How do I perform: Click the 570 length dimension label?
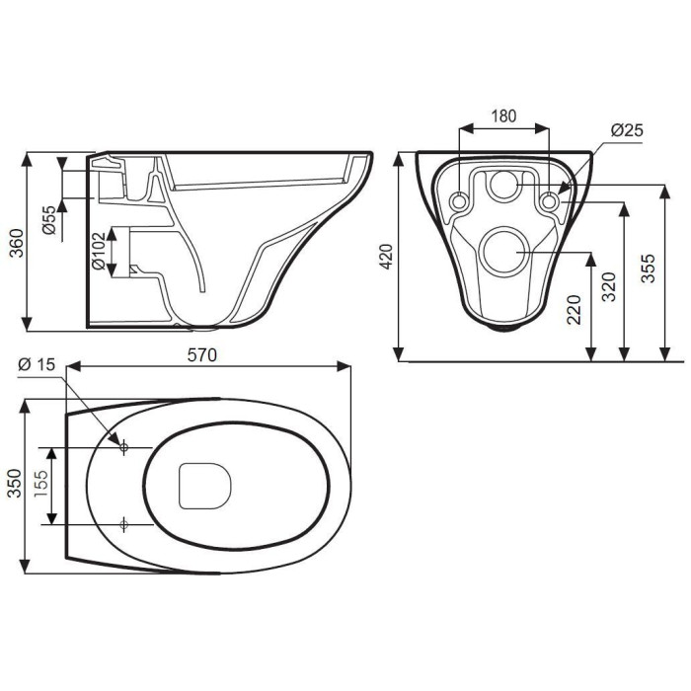click(x=202, y=354)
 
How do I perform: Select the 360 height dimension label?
click(x=17, y=243)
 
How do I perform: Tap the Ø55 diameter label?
click(x=50, y=220)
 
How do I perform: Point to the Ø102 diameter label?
click(x=99, y=251)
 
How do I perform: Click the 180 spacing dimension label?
click(x=503, y=115)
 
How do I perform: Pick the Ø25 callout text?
click(x=627, y=130)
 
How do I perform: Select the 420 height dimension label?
click(x=387, y=256)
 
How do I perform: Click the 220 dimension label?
click(x=574, y=310)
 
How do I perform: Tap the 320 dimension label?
click(x=609, y=287)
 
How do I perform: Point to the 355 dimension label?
click(x=649, y=269)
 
